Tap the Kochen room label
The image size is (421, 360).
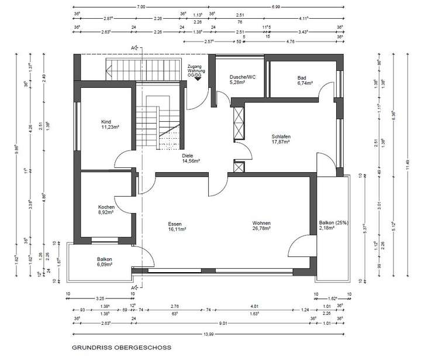[x=106, y=207]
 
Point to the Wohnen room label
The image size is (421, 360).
[x=261, y=224]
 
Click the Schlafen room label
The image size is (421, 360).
[x=281, y=137]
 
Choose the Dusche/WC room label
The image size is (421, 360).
[x=243, y=77]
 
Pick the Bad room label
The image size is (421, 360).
[x=302, y=77]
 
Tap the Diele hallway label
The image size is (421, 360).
[x=187, y=155]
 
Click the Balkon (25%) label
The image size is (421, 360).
[x=333, y=223]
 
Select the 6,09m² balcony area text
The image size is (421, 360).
[x=106, y=265]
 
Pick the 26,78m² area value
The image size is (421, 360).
[x=261, y=229]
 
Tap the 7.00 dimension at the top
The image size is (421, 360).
[x=141, y=7]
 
